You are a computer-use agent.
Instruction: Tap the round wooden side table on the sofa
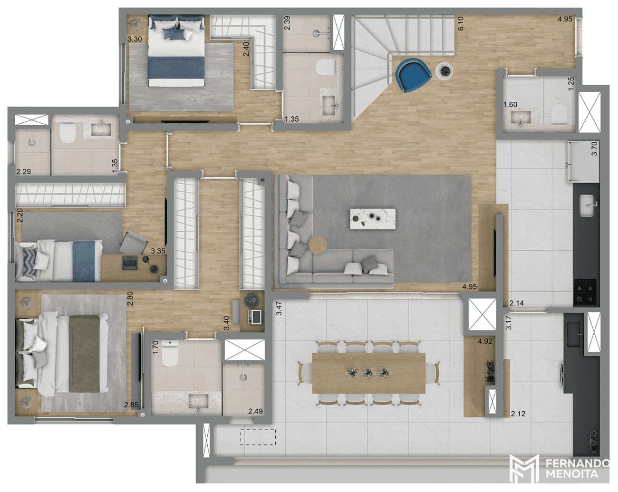point(318,245)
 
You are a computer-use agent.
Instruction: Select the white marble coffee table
point(373,219)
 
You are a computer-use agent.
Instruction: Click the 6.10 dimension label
point(460,23)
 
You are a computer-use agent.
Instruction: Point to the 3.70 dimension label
point(594,148)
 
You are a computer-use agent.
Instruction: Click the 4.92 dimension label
point(485,341)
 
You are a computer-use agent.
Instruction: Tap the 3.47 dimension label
point(279,308)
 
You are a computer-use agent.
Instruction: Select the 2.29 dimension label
point(24,172)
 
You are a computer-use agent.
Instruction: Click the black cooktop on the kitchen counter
point(585,292)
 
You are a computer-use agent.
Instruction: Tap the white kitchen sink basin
point(587,205)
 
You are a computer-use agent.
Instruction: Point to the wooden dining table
point(369,373)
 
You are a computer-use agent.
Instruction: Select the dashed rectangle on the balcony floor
point(258,437)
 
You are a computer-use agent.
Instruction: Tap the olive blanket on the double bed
point(85,354)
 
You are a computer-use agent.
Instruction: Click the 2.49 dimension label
point(255,411)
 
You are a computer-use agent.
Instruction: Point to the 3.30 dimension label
point(135,39)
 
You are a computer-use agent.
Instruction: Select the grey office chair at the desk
point(134,243)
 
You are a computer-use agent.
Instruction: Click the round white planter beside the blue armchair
point(445,70)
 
